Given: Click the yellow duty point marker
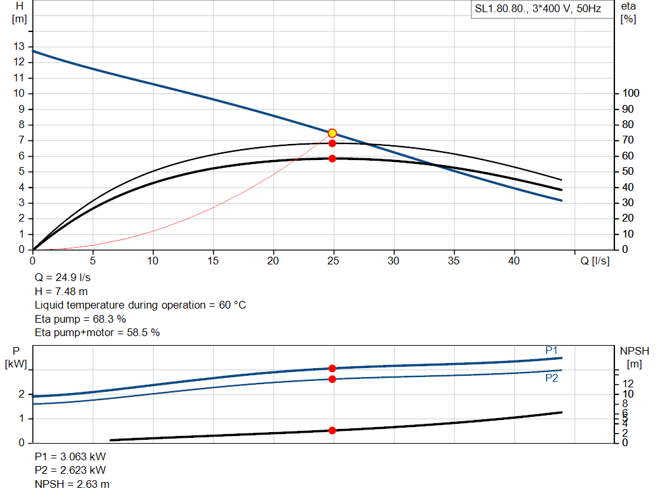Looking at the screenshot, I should coord(332,133).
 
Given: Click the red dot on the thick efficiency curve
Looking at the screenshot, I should coord(332,158).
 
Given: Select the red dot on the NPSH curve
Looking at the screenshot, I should coord(332,430).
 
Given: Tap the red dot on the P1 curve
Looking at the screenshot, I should coord(332,368).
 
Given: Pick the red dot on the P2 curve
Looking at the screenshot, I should coord(332,379).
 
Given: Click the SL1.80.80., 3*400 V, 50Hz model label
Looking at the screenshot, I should coord(537,10).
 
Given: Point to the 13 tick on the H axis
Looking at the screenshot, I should coord(19,46).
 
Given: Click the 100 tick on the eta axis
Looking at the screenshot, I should coord(632,93).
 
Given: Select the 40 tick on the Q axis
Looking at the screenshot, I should coord(514,261).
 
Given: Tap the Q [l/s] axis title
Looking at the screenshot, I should coord(595,261).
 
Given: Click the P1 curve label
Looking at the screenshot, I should coord(552,350).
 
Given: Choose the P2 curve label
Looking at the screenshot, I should coord(552,378).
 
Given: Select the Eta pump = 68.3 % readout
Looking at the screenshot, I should coord(80,319).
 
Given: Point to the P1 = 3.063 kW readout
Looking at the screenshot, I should coord(70,457).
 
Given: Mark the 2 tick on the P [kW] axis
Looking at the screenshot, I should coord(21,394).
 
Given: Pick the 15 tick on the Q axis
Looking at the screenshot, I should coord(213,261).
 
